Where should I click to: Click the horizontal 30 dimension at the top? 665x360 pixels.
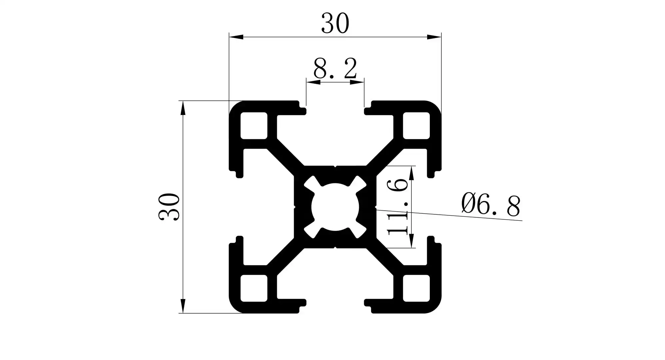[335, 24]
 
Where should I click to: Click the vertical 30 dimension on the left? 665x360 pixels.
[169, 207]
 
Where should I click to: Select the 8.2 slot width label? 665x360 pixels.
[335, 68]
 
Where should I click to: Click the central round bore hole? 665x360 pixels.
[335, 207]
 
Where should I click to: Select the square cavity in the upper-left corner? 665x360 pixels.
[254, 126]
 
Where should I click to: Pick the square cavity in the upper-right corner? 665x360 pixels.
[416, 126]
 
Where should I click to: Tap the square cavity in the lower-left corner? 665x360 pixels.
[254, 288]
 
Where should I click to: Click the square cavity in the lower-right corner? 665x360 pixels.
[416, 288]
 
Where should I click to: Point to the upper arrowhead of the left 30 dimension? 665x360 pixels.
[182, 108]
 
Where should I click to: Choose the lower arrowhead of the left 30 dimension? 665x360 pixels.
[182, 306]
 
